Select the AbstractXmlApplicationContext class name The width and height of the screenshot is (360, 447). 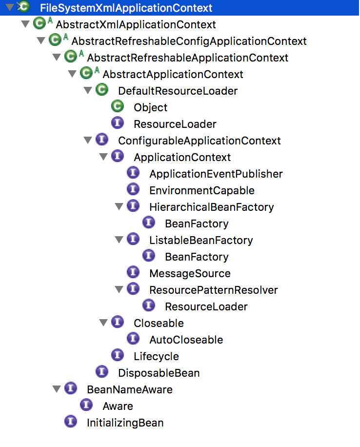pyautogui.click(x=136, y=24)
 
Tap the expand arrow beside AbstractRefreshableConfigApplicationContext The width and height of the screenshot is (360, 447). pyautogui.click(x=41, y=41)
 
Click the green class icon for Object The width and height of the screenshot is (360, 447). pyautogui.click(x=118, y=107)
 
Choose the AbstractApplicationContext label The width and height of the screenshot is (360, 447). pyautogui.click(x=173, y=74)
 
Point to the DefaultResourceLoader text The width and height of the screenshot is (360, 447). pyautogui.click(x=178, y=91)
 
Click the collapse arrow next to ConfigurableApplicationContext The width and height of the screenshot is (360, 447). pyautogui.click(x=88, y=141)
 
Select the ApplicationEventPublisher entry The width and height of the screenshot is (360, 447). pyautogui.click(x=216, y=174)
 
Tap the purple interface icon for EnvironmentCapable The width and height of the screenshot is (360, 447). pyautogui.click(x=133, y=190)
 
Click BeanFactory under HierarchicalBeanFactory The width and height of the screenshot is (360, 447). pyautogui.click(x=197, y=223)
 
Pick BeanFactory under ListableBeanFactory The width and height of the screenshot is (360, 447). pyautogui.click(x=197, y=257)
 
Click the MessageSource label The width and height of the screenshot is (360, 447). pyautogui.click(x=190, y=273)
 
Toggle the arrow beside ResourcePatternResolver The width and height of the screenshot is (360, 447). pyautogui.click(x=119, y=290)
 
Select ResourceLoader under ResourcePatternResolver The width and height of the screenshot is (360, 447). pyautogui.click(x=206, y=306)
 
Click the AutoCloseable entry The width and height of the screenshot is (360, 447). pyautogui.click(x=186, y=340)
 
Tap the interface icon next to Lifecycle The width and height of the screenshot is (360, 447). pyautogui.click(x=118, y=356)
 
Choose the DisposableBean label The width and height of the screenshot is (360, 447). pyautogui.click(x=159, y=373)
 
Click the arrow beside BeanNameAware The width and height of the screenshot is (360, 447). pyautogui.click(x=57, y=389)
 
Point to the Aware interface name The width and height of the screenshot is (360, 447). pyautogui.click(x=118, y=406)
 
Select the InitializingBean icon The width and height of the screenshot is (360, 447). pyautogui.click(x=71, y=422)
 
